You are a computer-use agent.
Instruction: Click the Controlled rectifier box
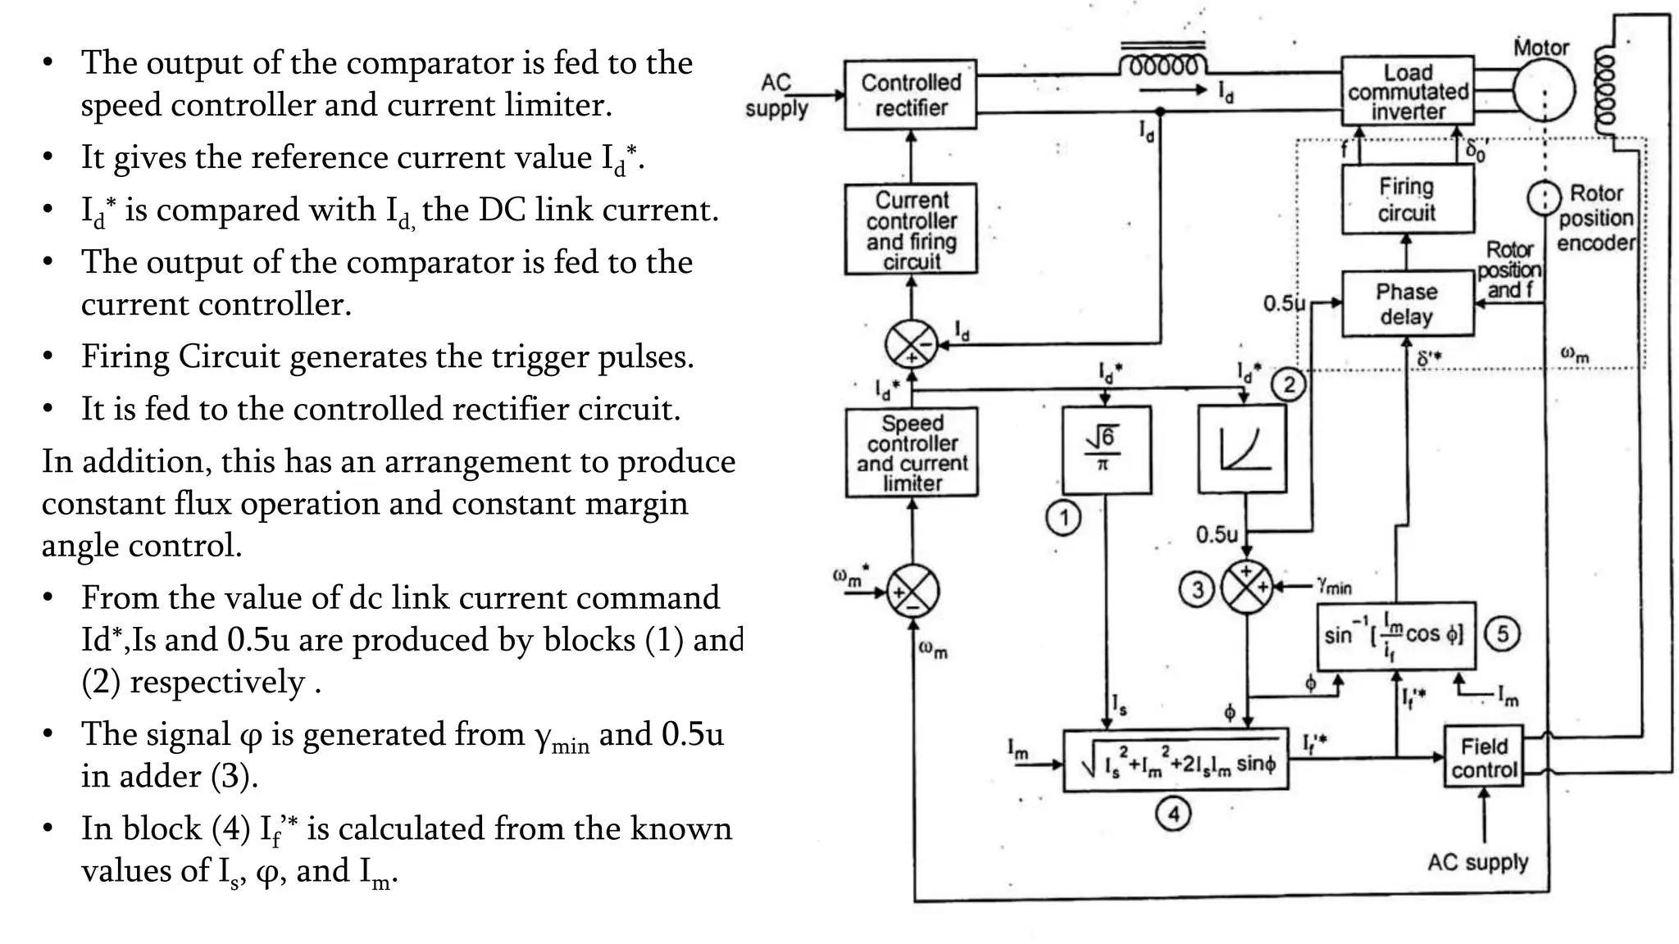910,94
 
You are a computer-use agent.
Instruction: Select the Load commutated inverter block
1407,91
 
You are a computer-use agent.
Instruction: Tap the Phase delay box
1407,304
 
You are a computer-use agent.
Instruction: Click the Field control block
1483,757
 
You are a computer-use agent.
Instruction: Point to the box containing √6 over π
1106,450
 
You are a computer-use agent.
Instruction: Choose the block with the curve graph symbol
1242,449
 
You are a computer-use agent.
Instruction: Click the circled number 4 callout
1173,814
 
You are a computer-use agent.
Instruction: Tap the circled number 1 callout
1063,518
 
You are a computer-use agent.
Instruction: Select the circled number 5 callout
1502,633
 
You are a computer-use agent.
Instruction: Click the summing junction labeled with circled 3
1247,588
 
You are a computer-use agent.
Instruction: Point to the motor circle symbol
1543,91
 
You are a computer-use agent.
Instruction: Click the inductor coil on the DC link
1163,65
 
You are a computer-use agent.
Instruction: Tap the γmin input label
1335,586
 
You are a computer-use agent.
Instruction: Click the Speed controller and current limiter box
912,452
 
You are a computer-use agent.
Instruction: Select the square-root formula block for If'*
1176,760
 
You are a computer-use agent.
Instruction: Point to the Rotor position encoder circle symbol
1544,197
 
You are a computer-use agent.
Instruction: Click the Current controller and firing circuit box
911,229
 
